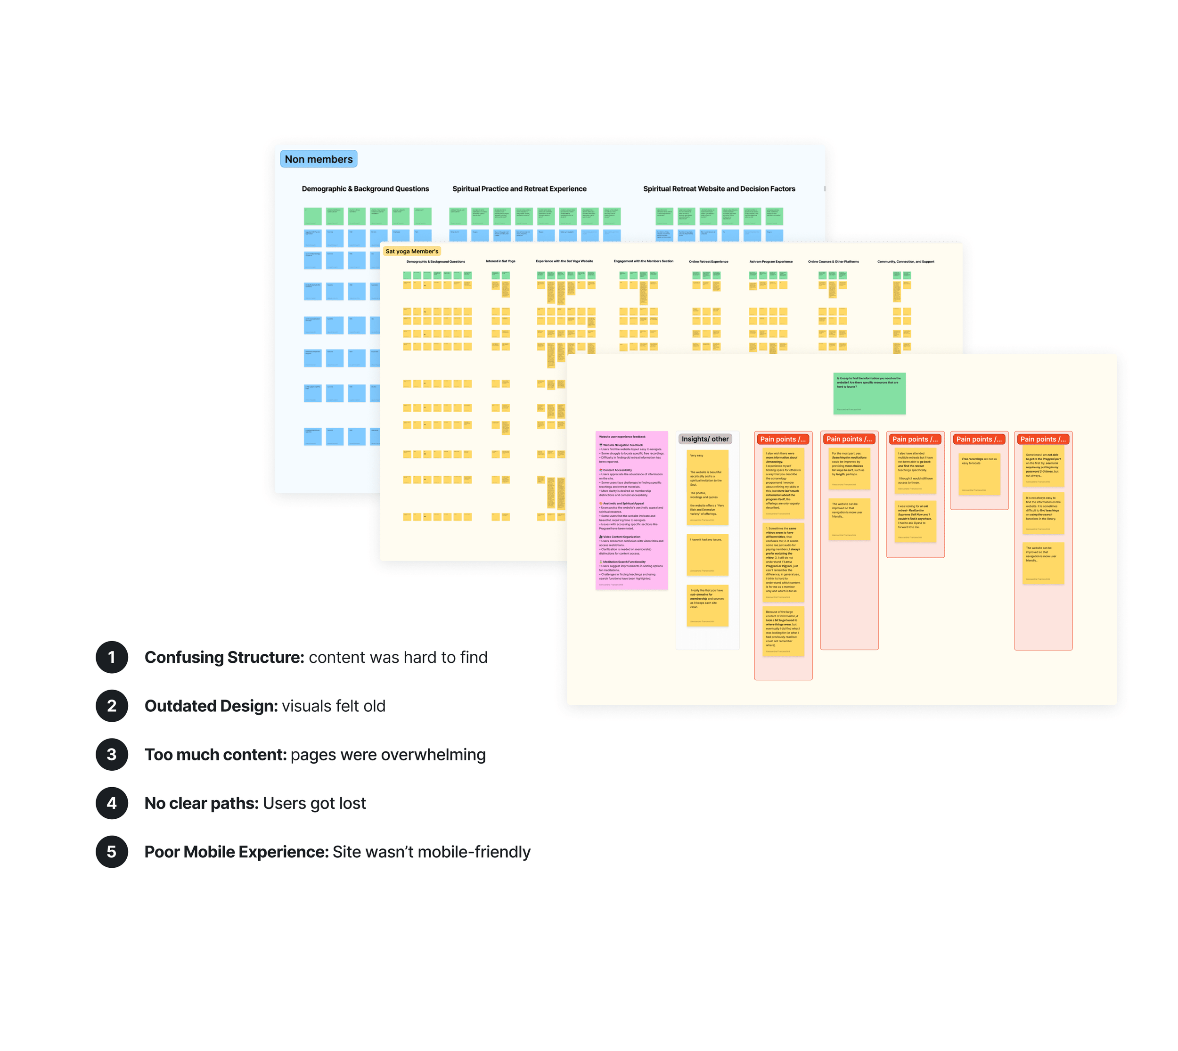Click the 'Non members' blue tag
click(318, 159)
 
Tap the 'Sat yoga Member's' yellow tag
click(412, 251)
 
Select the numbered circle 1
click(112, 657)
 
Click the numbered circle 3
click(112, 754)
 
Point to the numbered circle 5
click(112, 852)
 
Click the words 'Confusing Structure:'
click(224, 657)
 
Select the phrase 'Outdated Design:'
click(211, 706)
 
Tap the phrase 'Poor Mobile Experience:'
click(236, 852)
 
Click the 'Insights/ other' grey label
click(704, 439)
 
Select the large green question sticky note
click(869, 393)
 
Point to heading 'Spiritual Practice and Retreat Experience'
click(519, 189)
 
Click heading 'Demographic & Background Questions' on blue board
click(365, 189)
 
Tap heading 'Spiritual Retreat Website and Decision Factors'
click(719, 189)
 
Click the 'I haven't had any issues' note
click(707, 555)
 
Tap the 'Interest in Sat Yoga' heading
click(500, 261)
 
